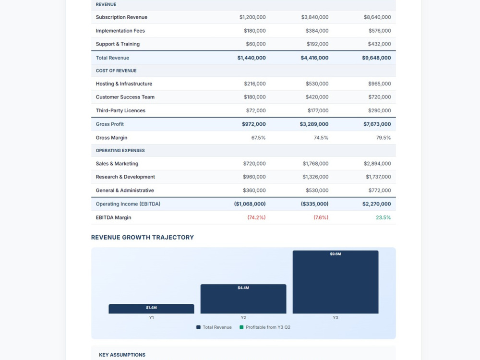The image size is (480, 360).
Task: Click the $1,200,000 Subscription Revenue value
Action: point(252,17)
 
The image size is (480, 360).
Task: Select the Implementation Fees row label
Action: point(120,31)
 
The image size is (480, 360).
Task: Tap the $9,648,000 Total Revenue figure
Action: point(376,58)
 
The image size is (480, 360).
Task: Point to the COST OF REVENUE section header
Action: point(116,71)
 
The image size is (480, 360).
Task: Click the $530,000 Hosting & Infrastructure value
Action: point(317,84)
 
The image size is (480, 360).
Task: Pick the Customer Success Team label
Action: point(125,97)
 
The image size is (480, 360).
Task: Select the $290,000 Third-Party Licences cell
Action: point(380,110)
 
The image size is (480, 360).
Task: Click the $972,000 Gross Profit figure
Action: point(254,124)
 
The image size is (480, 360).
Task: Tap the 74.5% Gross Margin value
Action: point(321,138)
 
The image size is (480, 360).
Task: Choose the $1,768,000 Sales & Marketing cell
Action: point(316,164)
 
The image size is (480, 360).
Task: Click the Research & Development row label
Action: point(125,177)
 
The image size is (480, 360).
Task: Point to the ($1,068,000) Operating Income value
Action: point(250,204)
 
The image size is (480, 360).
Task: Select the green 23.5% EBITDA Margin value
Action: point(383,217)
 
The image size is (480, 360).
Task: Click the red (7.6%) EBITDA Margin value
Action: point(321,217)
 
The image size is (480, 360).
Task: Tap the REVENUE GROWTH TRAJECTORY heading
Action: point(143,237)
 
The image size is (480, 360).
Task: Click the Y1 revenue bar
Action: point(151,309)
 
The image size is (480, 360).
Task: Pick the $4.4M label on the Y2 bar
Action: point(243,288)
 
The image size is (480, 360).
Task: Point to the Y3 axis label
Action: point(336,317)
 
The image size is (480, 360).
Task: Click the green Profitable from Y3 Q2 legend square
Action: point(241,327)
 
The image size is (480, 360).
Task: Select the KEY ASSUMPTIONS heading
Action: point(122,355)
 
